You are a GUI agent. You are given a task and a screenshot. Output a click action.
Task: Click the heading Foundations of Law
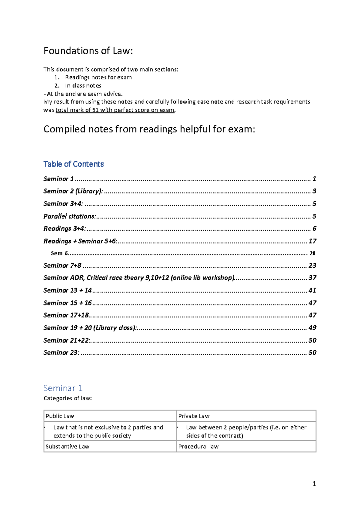click(88, 51)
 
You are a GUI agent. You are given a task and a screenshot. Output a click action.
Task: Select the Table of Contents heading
click(73, 164)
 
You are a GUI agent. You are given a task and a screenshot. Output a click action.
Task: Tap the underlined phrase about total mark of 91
click(115, 110)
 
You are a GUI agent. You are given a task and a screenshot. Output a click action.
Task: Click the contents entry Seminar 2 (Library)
click(73, 191)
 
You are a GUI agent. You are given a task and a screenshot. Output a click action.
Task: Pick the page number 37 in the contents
click(312, 278)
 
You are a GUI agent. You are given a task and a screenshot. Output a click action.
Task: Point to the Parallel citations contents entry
click(70, 216)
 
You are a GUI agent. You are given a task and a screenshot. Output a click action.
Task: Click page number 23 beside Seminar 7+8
click(312, 266)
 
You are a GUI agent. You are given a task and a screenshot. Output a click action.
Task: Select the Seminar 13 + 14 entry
click(67, 291)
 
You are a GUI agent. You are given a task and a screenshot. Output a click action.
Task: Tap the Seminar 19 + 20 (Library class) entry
click(90, 328)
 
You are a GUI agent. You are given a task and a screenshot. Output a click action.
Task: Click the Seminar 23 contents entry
click(61, 353)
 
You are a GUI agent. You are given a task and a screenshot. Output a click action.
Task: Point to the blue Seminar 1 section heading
click(63, 388)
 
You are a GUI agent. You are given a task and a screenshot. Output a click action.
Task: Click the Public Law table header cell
click(60, 416)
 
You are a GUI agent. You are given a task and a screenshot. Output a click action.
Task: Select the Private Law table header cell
click(194, 416)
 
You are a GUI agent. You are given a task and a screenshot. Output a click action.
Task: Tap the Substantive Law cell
click(67, 447)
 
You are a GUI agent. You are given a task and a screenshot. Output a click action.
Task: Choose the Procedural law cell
click(198, 447)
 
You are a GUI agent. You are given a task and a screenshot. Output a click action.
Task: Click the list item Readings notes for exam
click(98, 77)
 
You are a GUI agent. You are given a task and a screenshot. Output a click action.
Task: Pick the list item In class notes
click(83, 86)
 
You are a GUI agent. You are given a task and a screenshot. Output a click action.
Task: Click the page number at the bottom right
click(314, 483)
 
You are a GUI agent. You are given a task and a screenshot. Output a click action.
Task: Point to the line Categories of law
click(67, 398)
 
